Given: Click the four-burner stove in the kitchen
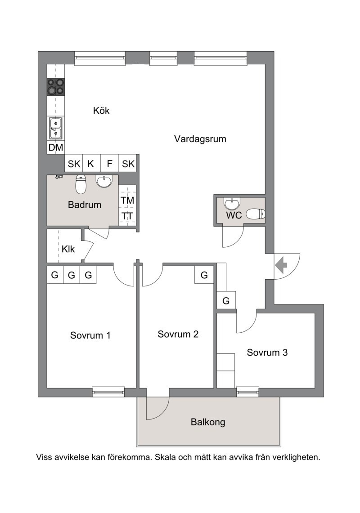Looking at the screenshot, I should (x=56, y=87).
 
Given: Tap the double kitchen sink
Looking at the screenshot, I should (x=56, y=128).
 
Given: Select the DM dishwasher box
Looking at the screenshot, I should (x=56, y=147).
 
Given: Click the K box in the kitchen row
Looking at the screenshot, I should (x=91, y=164).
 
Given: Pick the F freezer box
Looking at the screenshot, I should (x=109, y=164).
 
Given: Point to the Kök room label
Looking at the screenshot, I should (x=101, y=111).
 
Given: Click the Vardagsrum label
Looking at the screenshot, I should (x=200, y=139).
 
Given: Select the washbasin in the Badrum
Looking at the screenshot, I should (x=104, y=181).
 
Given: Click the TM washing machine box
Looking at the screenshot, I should (x=127, y=200).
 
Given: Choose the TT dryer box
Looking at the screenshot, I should (x=127, y=216).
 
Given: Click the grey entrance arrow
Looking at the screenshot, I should (x=281, y=265).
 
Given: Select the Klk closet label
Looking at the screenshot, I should (x=68, y=249).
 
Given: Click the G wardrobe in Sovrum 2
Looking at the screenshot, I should (x=204, y=275).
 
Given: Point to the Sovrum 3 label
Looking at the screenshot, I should (x=267, y=353).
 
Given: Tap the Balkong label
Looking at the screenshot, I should (x=207, y=422).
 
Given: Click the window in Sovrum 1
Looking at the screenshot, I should (x=108, y=392).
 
